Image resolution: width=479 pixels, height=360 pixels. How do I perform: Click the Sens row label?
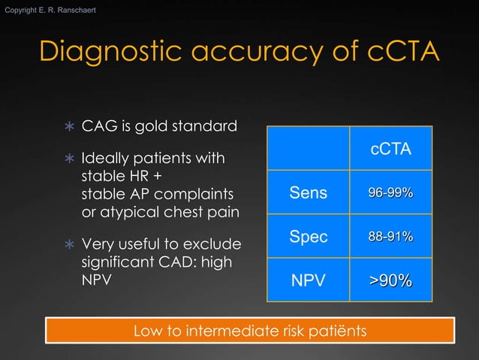pos(309,193)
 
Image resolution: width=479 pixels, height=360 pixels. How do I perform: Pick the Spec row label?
pos(309,237)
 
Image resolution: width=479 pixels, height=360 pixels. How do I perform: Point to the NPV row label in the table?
pos(309,281)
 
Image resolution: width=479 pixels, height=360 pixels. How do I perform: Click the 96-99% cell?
pos(390,193)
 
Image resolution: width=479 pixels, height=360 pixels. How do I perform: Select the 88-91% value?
pos(390,237)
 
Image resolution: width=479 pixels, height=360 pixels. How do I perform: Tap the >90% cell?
pos(390,281)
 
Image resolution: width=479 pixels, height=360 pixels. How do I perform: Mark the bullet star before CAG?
pos(70,126)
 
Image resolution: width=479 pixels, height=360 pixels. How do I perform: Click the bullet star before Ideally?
pos(70,160)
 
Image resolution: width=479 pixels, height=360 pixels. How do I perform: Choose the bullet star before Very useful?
pos(70,245)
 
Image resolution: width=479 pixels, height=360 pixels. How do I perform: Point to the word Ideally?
pos(104,159)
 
